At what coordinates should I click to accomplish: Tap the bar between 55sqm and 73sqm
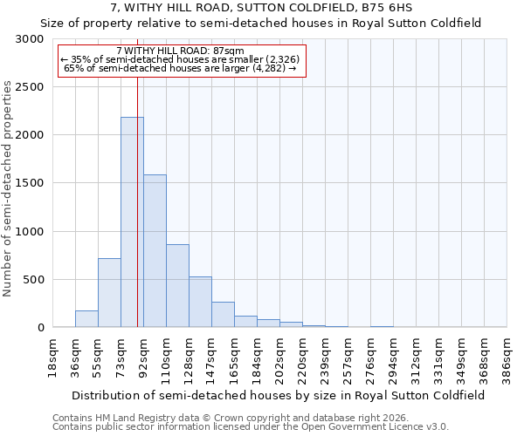(109, 293)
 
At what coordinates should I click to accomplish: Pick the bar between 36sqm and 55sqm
(86, 318)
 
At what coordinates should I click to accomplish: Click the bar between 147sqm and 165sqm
(223, 315)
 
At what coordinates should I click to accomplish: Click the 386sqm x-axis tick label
(507, 355)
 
